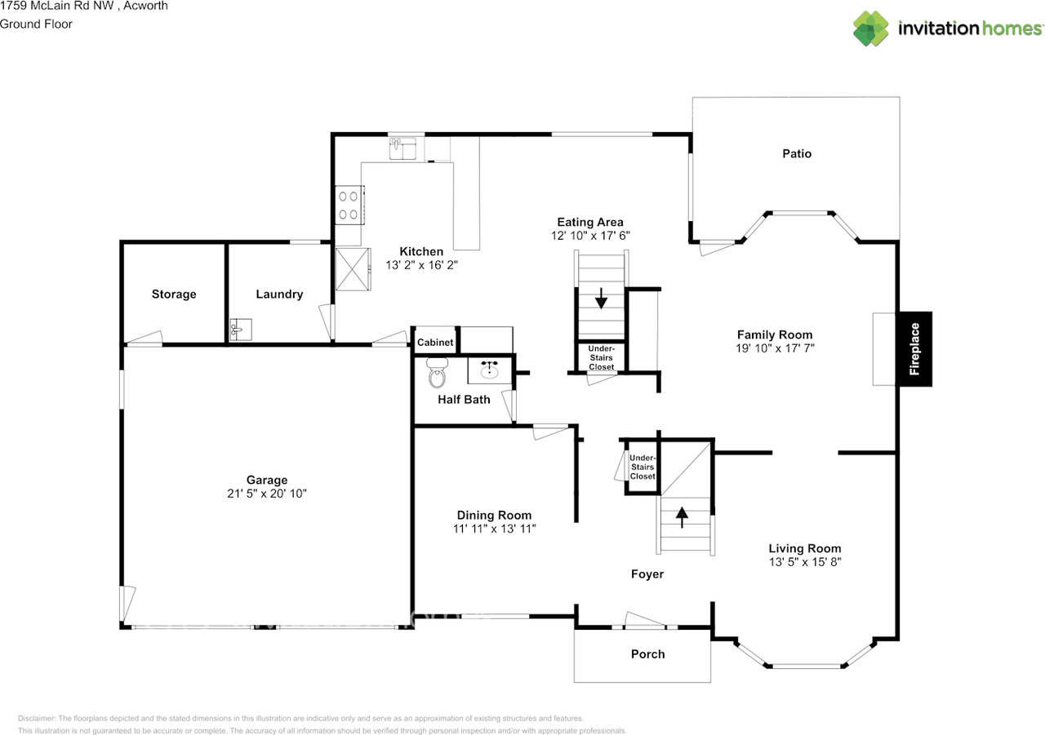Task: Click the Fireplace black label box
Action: click(914, 349)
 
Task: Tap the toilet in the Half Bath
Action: click(438, 374)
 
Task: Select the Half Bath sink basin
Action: click(490, 370)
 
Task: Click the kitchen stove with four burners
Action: click(349, 205)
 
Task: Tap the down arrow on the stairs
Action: click(602, 299)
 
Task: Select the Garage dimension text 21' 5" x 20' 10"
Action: click(267, 494)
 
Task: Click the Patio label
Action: click(797, 153)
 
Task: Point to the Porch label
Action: click(647, 653)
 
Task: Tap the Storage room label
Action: click(174, 294)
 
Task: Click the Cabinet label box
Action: click(435, 343)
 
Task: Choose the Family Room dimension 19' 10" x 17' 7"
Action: click(774, 348)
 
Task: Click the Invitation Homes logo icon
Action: click(871, 29)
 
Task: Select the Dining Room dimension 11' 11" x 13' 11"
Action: click(494, 529)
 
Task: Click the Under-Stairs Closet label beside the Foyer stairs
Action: click(642, 467)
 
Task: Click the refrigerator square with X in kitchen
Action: click(351, 268)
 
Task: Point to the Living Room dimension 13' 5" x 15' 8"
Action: click(804, 562)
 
